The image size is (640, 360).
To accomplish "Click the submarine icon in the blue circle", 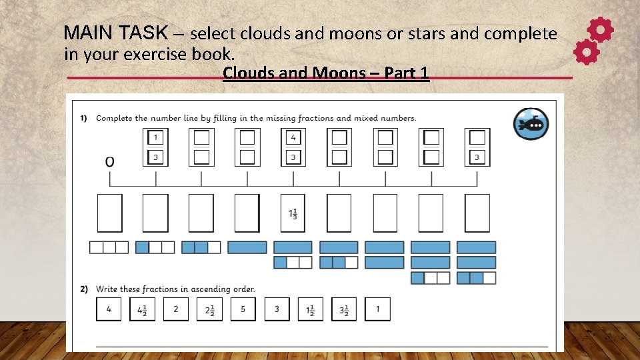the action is click(531, 124).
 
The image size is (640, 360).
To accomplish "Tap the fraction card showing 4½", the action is click(142, 309).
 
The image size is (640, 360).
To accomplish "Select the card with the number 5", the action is click(243, 309).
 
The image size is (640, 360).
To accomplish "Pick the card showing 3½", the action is click(344, 309).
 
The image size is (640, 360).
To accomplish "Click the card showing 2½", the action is click(209, 309).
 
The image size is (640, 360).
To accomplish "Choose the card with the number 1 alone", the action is click(377, 309).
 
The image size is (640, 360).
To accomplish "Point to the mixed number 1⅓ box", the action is click(293, 213).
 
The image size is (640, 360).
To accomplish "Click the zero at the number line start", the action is click(109, 161).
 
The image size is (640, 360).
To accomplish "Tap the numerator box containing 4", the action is click(293, 137).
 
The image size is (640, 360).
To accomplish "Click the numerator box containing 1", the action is click(155, 137).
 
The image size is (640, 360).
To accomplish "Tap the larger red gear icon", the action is click(600, 30).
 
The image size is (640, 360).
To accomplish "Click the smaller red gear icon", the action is click(586, 52).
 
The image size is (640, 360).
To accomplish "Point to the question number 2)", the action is click(84, 289).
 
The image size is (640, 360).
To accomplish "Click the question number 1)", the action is click(84, 118).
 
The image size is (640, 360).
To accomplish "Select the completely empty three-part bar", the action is click(109, 247).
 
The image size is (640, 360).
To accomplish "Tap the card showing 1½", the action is click(310, 309).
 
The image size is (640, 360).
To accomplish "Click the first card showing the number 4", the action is click(109, 309).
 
